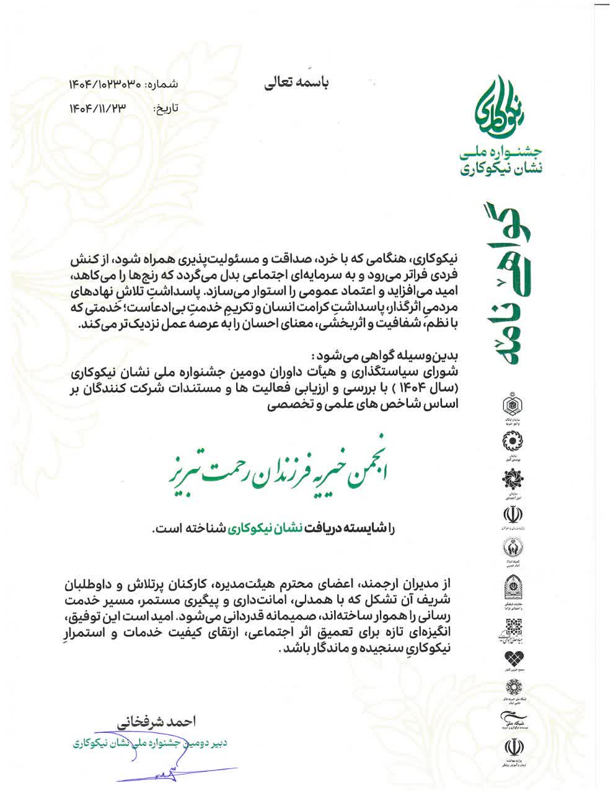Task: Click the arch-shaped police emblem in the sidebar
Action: [x=511, y=588]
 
